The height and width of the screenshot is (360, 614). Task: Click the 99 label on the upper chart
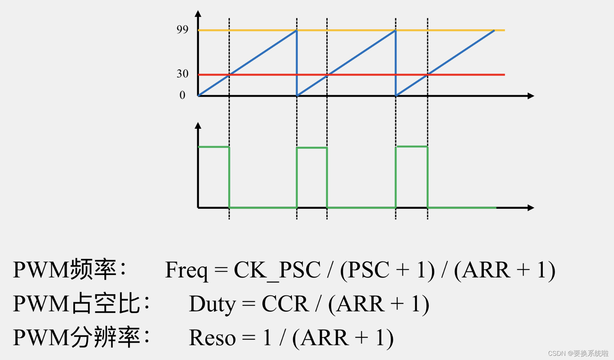tap(182, 29)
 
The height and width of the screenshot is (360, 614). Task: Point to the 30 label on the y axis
tap(182, 74)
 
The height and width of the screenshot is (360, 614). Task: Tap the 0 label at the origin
tap(182, 95)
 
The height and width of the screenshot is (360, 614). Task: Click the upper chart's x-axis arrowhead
tap(531, 96)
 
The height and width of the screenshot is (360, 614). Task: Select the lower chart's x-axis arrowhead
tap(531, 208)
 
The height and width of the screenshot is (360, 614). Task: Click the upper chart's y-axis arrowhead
tap(198, 14)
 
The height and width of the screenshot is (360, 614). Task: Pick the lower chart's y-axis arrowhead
tap(198, 126)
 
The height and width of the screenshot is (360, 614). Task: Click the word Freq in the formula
tap(186, 270)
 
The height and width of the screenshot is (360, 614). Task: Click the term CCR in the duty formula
tap(285, 304)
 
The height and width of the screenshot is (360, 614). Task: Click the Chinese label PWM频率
tap(69, 270)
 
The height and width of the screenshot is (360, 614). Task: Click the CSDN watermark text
tap(578, 353)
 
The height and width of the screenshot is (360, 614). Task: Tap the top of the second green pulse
tap(312, 148)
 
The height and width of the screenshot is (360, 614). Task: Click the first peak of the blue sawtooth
tap(296, 31)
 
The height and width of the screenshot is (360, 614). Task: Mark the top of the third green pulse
tap(412, 146)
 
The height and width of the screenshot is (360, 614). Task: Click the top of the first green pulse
tap(214, 147)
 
